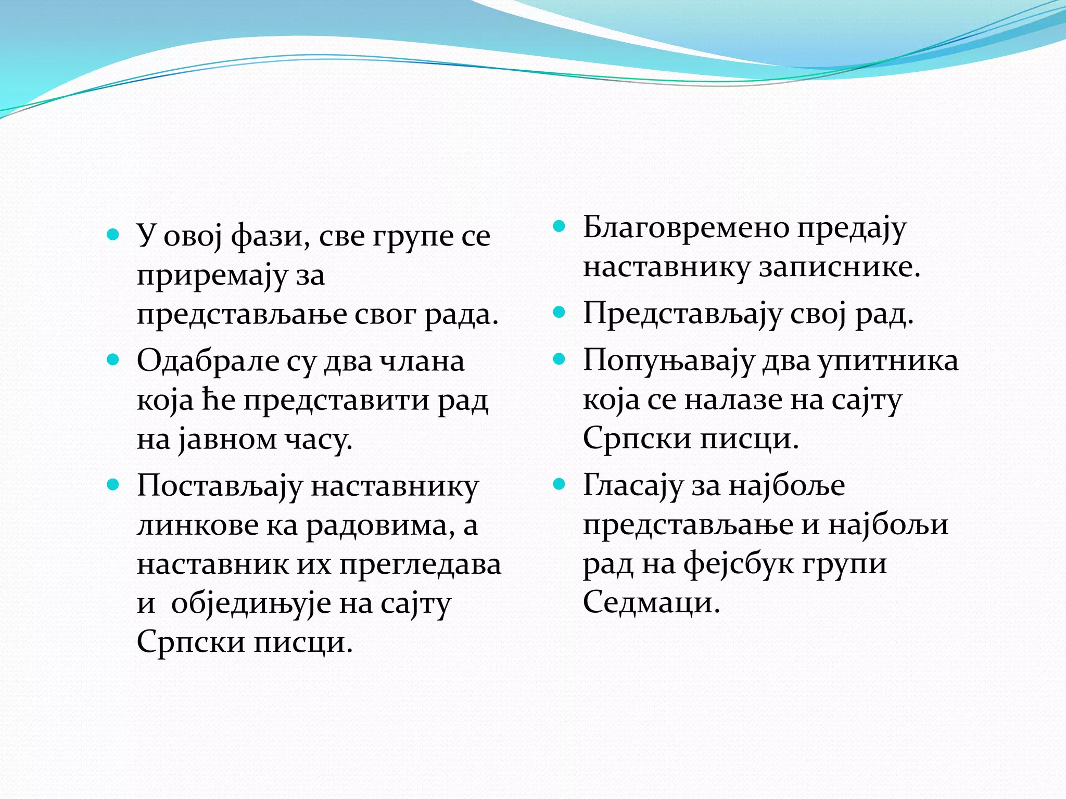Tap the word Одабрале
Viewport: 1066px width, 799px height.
click(x=208, y=360)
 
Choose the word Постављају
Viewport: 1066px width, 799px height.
click(x=219, y=487)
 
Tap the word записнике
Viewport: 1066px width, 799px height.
click(x=840, y=267)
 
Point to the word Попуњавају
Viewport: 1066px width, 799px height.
click(x=668, y=360)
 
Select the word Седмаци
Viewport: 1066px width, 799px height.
click(x=651, y=602)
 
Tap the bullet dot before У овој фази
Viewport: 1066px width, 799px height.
click(x=113, y=234)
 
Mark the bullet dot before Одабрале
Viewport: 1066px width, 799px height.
click(x=113, y=359)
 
